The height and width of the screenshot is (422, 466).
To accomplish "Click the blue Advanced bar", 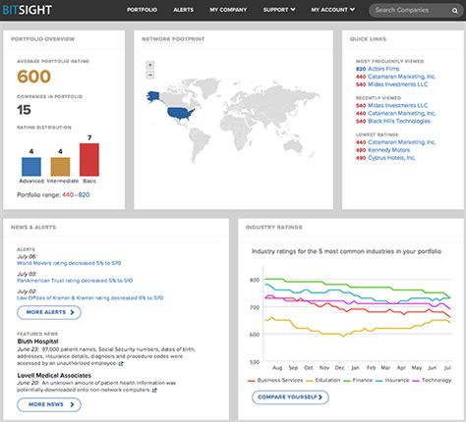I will [31, 166].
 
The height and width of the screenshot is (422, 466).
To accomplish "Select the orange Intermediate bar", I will [60, 166].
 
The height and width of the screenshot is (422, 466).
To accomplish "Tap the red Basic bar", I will [89, 160].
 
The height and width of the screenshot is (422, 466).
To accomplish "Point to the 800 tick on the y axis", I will [255, 279].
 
